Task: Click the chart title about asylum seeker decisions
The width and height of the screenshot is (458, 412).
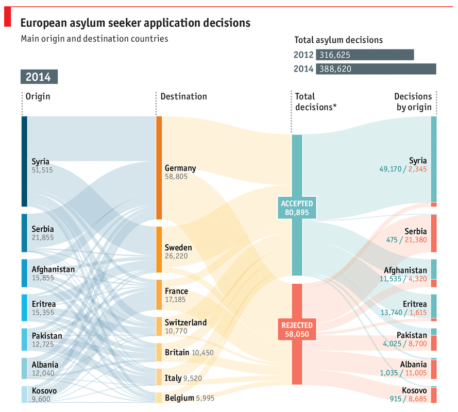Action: click(x=135, y=23)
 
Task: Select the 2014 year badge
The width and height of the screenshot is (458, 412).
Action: click(x=39, y=77)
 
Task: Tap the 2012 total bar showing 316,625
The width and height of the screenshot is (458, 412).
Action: click(x=365, y=55)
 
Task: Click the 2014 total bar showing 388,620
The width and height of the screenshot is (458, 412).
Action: click(x=376, y=68)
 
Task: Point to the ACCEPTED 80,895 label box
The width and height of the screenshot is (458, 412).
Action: click(x=297, y=208)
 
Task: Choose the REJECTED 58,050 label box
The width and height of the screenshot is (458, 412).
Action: click(x=297, y=330)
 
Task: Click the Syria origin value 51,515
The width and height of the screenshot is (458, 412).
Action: click(x=42, y=169)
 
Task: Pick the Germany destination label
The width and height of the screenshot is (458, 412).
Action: click(x=180, y=168)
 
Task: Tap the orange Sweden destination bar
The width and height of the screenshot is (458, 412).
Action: click(x=159, y=249)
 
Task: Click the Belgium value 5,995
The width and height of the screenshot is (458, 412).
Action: click(x=205, y=398)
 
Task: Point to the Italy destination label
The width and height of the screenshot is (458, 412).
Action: click(x=173, y=378)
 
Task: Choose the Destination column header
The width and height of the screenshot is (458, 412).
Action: click(x=183, y=96)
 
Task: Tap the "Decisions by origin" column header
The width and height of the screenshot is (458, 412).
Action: click(x=413, y=101)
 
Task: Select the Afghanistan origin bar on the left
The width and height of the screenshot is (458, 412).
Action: click(x=24, y=273)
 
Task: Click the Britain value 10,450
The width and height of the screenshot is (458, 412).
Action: click(x=202, y=353)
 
